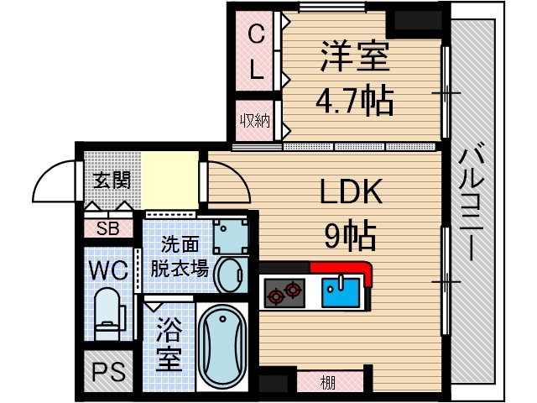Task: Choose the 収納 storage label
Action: click(256, 120)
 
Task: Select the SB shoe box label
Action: click(106, 228)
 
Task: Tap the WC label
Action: click(107, 270)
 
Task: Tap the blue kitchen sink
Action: click(341, 292)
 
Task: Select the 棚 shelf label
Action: click(328, 384)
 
